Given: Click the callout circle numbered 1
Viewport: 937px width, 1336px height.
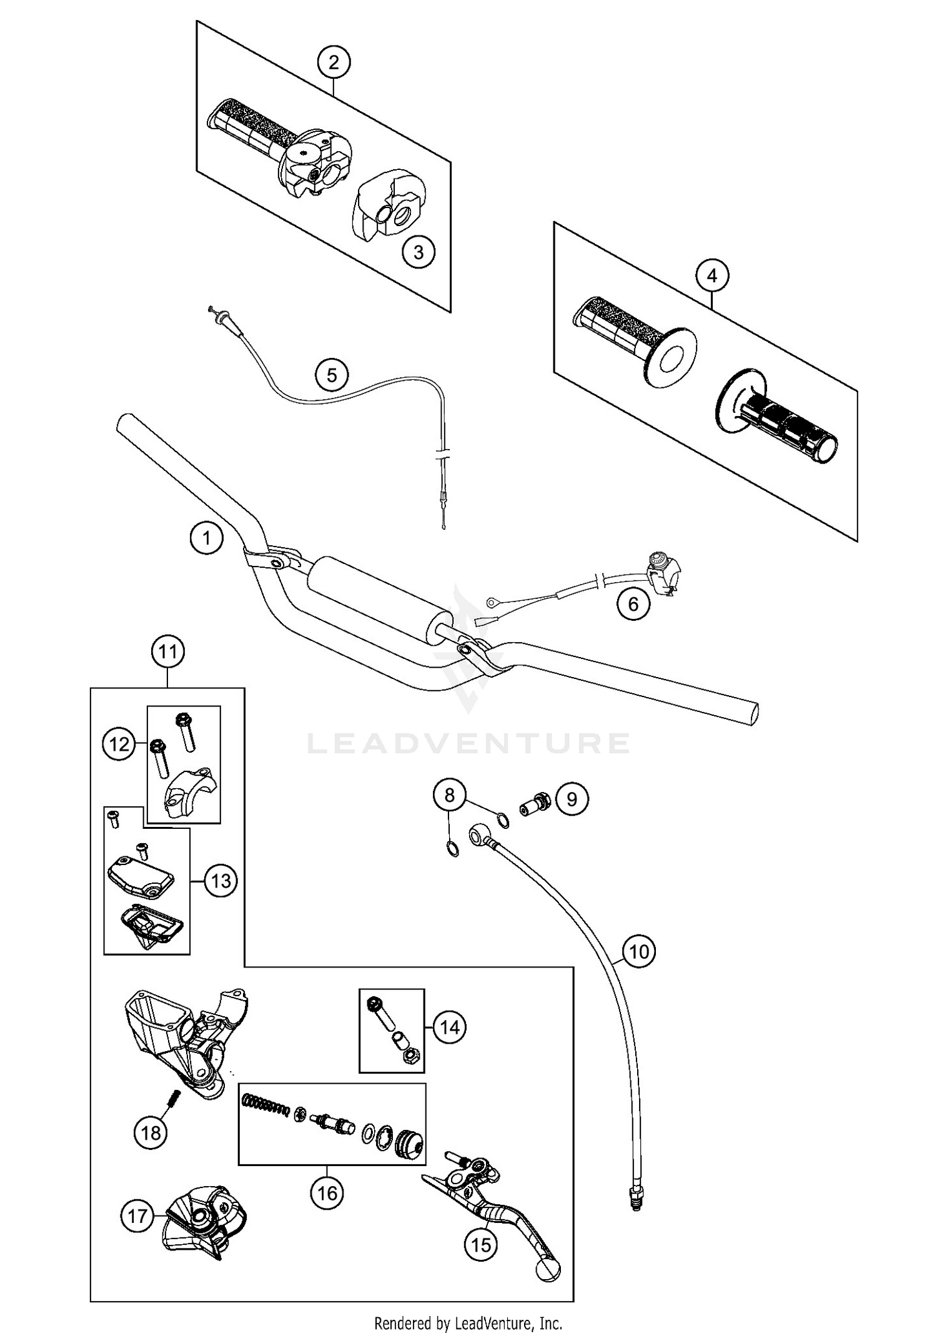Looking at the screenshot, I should tap(207, 537).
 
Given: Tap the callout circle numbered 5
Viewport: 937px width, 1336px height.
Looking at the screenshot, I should tap(332, 375).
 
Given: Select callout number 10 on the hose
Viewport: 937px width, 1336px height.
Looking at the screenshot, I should tap(639, 951).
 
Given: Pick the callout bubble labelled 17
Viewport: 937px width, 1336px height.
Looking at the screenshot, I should tap(137, 1215).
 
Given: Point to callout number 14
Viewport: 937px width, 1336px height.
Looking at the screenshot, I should tap(450, 1027).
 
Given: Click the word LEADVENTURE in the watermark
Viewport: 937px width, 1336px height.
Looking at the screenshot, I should tap(468, 743).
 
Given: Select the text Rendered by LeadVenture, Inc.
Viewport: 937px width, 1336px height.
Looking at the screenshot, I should tap(468, 1323).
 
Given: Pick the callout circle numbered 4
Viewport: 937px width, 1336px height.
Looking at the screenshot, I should tap(713, 275).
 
